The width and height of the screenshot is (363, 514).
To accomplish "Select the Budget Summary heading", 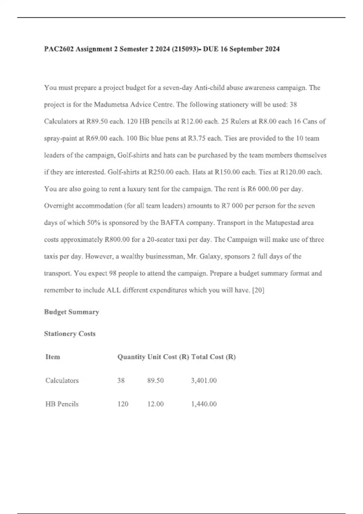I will (x=71, y=312).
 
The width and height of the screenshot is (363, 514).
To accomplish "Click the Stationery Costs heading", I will (x=70, y=333).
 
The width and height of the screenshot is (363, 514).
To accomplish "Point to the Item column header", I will (x=53, y=357).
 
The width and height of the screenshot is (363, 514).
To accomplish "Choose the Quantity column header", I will (x=131, y=357).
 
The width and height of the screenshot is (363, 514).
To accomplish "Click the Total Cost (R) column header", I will (x=213, y=357).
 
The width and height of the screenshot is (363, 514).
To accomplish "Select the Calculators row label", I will (x=62, y=380).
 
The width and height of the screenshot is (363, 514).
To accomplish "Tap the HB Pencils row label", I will (x=62, y=404).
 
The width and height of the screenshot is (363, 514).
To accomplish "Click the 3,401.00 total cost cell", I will (x=204, y=380).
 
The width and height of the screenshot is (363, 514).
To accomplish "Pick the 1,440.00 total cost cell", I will (x=204, y=404).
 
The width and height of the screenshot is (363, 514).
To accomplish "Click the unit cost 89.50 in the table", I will (x=155, y=380).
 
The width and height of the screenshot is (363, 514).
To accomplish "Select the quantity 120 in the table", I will (x=123, y=404).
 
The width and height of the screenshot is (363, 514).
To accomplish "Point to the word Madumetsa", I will (x=111, y=105).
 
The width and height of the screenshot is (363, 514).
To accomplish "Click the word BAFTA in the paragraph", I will (x=172, y=223).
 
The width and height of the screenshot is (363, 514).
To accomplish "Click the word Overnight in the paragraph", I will (x=59, y=206).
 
